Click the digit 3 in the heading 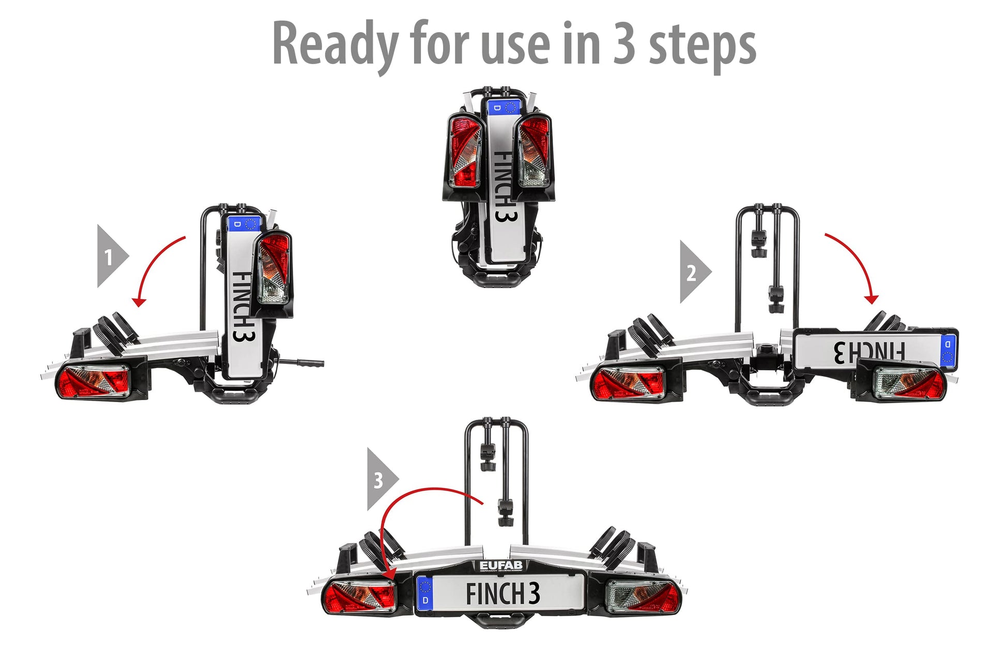coord(624,44)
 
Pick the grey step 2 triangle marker coord(695,271)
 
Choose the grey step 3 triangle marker coord(383,479)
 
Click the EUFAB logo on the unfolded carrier coord(501,566)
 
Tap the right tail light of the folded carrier coord(534,150)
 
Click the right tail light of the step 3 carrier coord(643,597)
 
